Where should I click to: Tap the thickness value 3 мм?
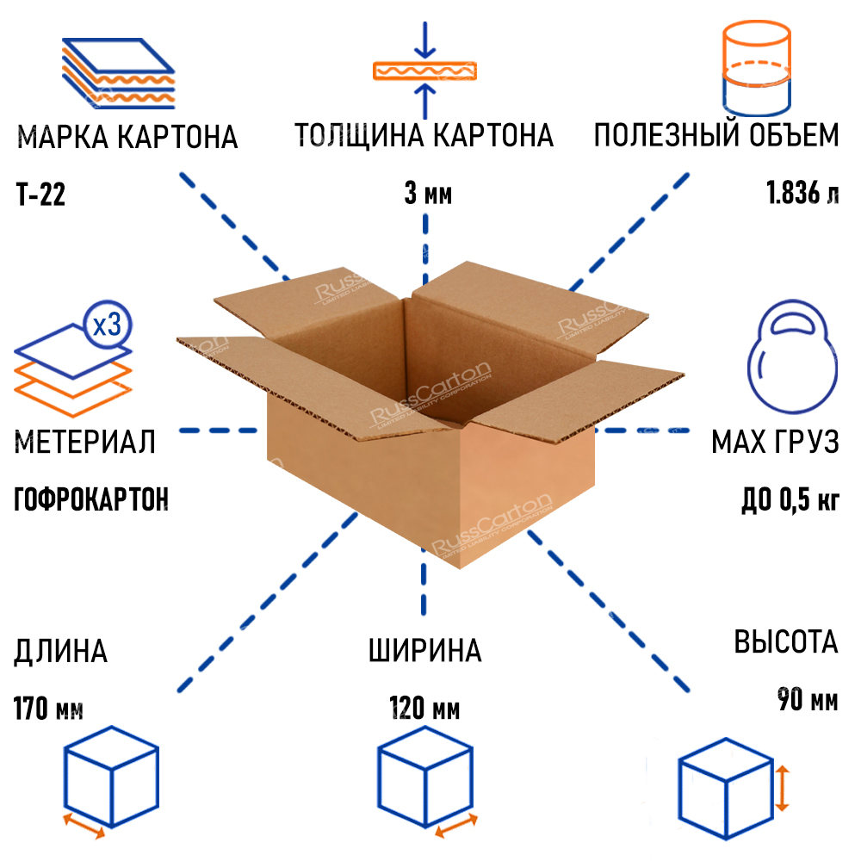(x=428, y=194)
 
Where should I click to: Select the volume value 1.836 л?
(x=802, y=194)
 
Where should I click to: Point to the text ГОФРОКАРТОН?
(x=91, y=499)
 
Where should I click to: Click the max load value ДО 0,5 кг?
(x=790, y=499)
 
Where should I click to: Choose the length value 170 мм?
(x=48, y=710)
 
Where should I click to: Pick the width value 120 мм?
(x=424, y=710)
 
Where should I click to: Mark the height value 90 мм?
(x=807, y=699)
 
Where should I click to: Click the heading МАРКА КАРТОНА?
(x=127, y=137)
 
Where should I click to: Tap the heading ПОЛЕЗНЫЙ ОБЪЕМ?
(x=715, y=136)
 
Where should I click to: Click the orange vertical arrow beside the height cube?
(x=782, y=788)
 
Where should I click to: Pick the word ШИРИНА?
(x=424, y=651)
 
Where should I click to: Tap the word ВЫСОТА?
(x=785, y=642)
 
